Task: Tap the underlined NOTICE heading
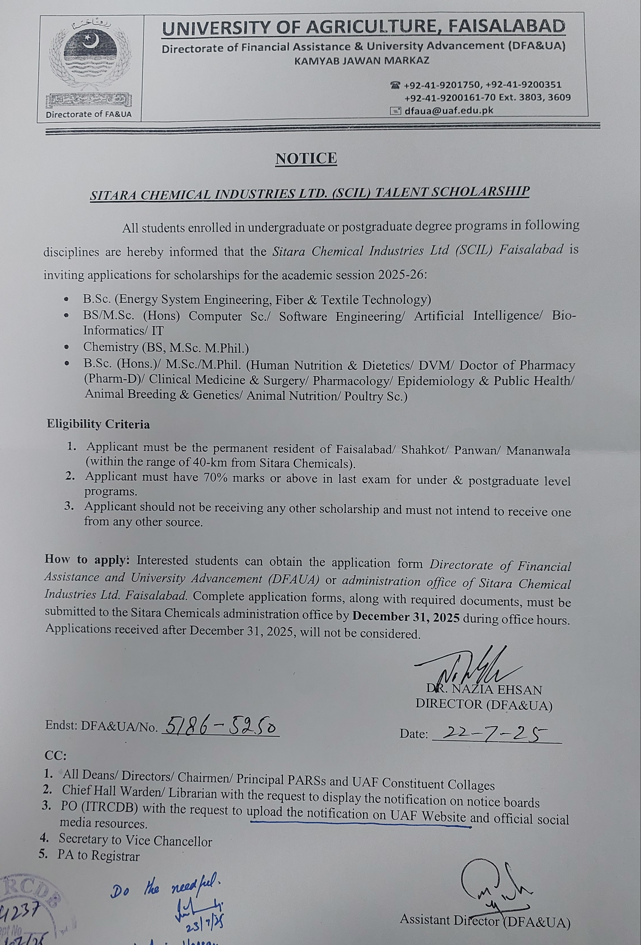pyautogui.click(x=306, y=159)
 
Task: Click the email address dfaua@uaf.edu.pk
pyautogui.click(x=448, y=110)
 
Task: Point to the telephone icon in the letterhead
pyautogui.click(x=395, y=85)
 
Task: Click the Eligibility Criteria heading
pyautogui.click(x=98, y=424)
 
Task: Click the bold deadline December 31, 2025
pyautogui.click(x=406, y=617)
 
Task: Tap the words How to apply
pyautogui.click(x=87, y=560)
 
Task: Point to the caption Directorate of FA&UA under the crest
pyautogui.click(x=89, y=114)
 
